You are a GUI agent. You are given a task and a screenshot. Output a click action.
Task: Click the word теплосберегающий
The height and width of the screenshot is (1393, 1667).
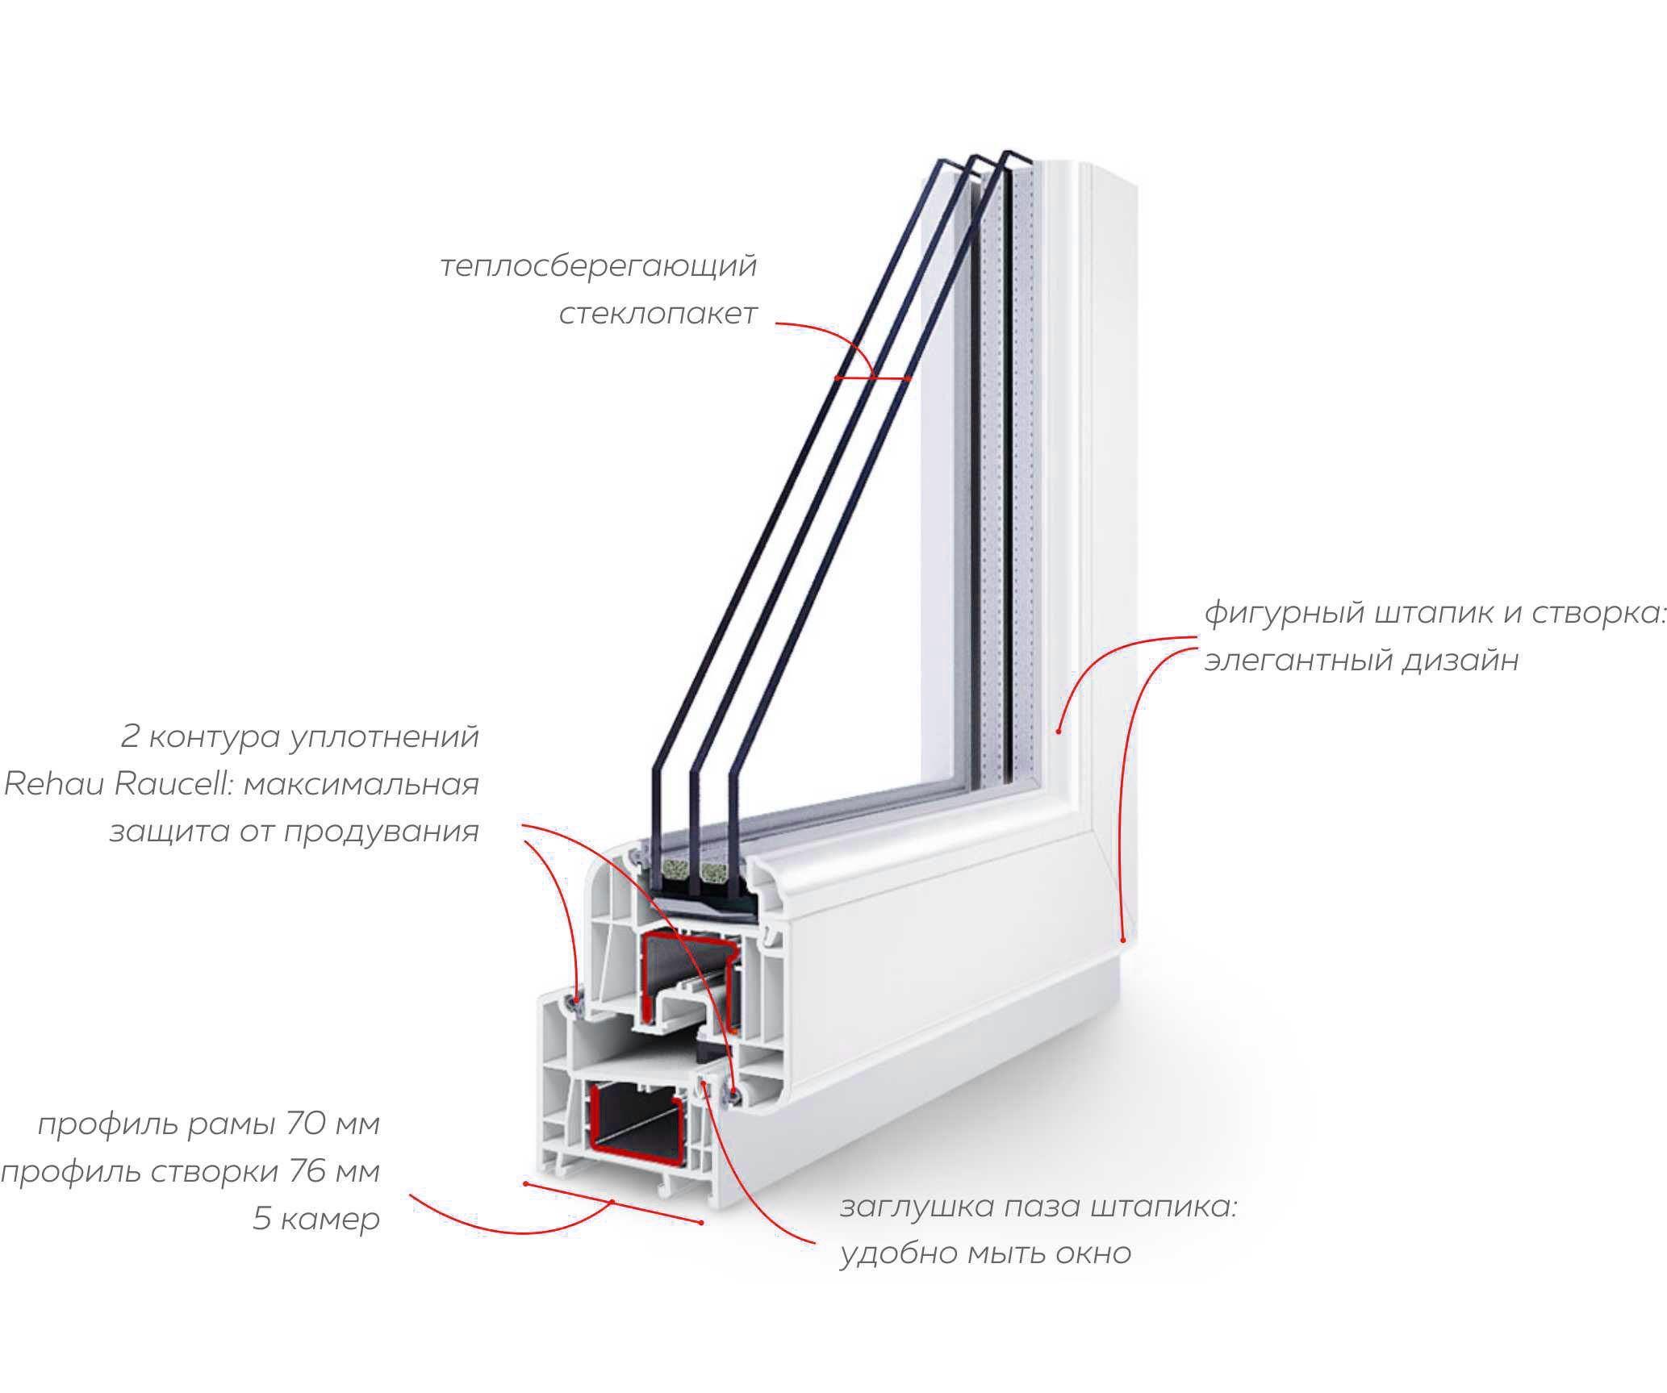coord(598,265)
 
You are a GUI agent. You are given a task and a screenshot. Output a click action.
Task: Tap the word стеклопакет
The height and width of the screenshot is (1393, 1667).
coord(658,313)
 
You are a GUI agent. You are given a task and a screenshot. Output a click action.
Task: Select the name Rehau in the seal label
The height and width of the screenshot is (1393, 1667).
coord(54,783)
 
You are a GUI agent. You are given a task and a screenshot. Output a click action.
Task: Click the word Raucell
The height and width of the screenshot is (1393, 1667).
coord(173,783)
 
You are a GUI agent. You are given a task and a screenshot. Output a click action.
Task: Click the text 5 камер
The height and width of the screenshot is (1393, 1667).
coord(315,1219)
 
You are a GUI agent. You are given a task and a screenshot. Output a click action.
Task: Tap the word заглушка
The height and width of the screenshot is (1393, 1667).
coord(917,1207)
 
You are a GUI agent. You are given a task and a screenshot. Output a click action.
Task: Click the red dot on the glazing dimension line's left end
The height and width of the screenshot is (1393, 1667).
coord(837,377)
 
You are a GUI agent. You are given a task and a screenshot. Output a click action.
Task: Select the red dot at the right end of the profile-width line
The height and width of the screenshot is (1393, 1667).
coord(701,1223)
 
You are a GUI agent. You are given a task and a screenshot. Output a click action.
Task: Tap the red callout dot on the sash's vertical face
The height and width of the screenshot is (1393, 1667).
coord(1058,731)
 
